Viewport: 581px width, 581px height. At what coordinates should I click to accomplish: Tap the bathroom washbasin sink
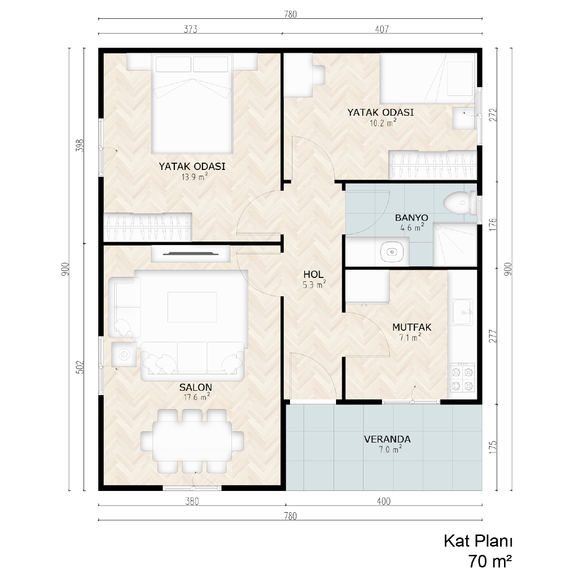point(392,251)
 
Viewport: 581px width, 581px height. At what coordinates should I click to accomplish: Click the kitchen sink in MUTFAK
point(462,312)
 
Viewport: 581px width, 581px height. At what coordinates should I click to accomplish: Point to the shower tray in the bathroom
point(455,245)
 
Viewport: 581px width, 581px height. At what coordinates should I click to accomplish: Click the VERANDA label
point(387,439)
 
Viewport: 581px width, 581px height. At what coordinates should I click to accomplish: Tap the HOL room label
point(313,275)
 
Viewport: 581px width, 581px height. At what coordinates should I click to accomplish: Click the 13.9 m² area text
point(195,177)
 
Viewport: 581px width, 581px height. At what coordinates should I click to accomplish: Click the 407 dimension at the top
point(382,29)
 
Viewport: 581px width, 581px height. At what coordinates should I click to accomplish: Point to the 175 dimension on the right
point(492,447)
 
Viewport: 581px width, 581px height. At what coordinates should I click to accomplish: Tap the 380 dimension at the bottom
point(192,502)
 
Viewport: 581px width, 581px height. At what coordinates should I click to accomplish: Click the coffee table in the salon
point(192,307)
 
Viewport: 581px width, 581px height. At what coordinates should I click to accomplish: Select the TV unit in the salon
point(191,254)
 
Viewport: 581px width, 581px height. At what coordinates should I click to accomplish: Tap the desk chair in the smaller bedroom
point(319,75)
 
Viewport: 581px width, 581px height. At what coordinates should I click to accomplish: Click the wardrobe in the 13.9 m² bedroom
point(148,227)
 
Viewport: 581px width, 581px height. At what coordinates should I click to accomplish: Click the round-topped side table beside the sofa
point(123,354)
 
